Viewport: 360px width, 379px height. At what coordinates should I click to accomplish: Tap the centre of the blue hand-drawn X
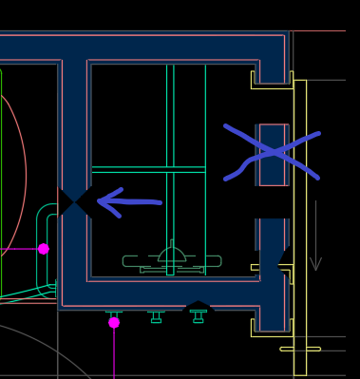(x=274, y=152)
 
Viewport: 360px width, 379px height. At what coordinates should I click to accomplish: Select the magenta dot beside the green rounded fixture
(x=43, y=249)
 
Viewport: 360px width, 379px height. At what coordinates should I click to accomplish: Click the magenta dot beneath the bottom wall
(x=114, y=323)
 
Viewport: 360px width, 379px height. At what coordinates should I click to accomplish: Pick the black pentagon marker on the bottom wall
(x=198, y=307)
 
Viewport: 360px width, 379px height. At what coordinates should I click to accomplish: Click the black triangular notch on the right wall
(x=282, y=259)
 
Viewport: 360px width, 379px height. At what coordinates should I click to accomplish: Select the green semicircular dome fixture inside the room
(x=172, y=254)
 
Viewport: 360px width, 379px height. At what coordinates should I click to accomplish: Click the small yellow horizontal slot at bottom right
(x=299, y=349)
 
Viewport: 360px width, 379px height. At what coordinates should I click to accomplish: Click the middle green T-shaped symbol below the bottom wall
(x=156, y=315)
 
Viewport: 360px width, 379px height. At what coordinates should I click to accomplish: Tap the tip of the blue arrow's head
(x=99, y=200)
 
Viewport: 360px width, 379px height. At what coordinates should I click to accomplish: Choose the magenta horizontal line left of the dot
(x=19, y=249)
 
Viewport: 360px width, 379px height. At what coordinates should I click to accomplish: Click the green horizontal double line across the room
(x=148, y=169)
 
